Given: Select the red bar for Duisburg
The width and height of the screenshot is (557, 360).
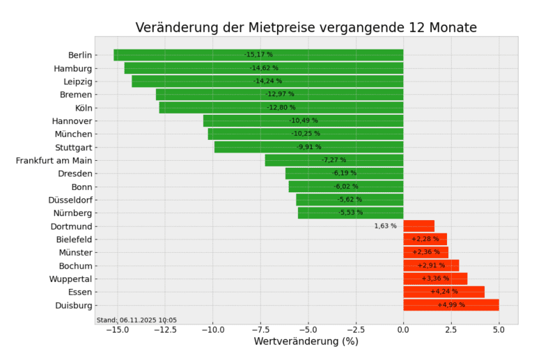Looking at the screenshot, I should (x=450, y=305).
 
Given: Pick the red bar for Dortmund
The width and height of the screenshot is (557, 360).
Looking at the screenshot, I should (x=418, y=226).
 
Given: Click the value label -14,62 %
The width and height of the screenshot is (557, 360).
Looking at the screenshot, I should (x=264, y=68).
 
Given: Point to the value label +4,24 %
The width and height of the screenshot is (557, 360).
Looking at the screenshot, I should (x=444, y=292).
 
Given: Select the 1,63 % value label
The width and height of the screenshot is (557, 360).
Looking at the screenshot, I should (x=385, y=226).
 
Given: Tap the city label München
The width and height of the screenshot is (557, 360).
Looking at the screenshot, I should (x=73, y=134).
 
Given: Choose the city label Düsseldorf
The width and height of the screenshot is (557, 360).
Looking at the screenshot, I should (x=70, y=200).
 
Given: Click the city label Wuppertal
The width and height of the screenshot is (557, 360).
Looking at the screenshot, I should (x=70, y=279).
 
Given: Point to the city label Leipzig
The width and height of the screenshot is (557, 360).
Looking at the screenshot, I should (x=77, y=81).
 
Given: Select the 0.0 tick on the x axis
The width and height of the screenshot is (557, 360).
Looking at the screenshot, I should (x=403, y=330).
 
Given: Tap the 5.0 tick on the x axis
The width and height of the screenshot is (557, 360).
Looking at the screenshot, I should (x=499, y=330).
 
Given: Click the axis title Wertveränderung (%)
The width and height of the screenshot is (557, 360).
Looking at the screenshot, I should (x=306, y=342).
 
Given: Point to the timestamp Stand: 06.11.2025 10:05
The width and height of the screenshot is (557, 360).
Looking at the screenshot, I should (x=136, y=320).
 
